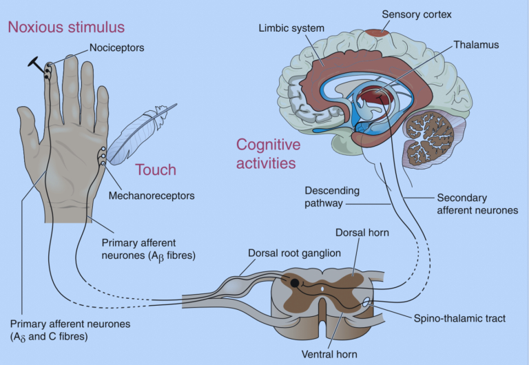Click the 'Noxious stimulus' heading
(66, 28)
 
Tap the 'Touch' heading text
(155, 169)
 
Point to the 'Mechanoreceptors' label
(152, 196)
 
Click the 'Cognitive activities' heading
(269, 154)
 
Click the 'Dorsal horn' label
(363, 233)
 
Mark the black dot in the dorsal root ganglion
(294, 282)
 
